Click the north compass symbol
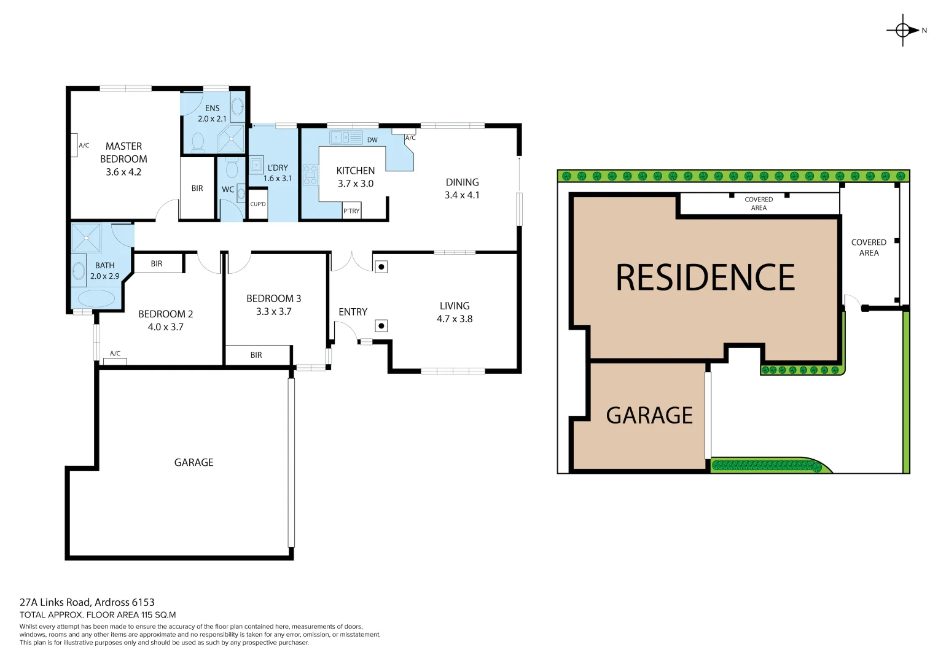pos(903,29)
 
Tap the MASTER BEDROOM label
pos(123,152)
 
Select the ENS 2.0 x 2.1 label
pos(212,114)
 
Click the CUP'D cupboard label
pos(258,204)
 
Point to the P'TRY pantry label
pos(351,211)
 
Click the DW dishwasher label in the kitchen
pos(372,140)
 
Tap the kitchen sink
pos(346,138)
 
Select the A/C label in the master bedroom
pos(84,145)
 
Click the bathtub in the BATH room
pos(94,298)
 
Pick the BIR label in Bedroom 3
pos(256,355)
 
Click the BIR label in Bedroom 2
pos(157,263)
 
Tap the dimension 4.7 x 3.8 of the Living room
pos(455,319)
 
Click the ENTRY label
pos(353,312)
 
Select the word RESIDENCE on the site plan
pos(705,277)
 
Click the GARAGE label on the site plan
pos(649,416)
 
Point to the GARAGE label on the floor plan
pos(193,462)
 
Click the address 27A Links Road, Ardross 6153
pos(87,602)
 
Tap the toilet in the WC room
pos(232,169)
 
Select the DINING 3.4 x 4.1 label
pos(462,188)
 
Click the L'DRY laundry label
pos(278,168)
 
